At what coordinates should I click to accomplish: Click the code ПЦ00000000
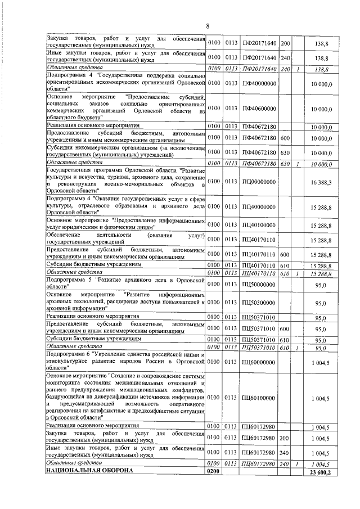tap(259, 182)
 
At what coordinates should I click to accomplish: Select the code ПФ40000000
tap(259, 84)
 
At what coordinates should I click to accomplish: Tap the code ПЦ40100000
tap(259, 225)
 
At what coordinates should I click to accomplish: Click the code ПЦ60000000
tap(259, 362)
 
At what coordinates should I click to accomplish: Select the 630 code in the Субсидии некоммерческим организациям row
tap(285, 151)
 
